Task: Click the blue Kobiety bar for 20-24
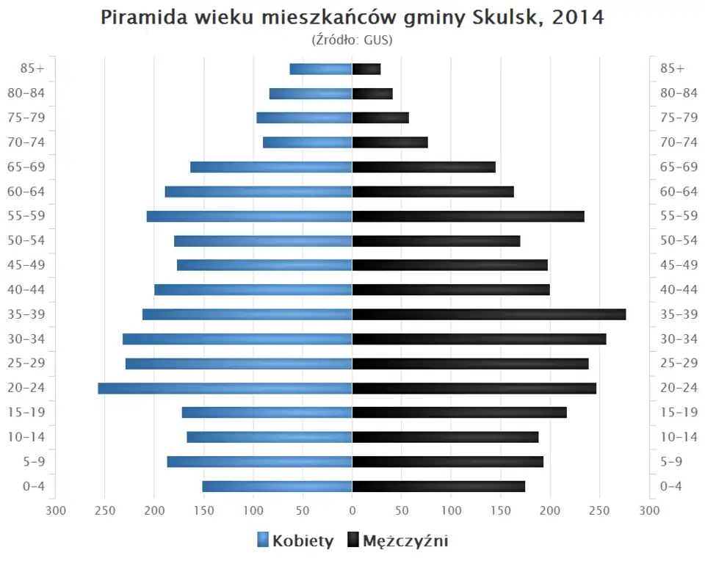225,388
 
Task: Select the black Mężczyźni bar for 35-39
489,314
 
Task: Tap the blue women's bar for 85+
321,69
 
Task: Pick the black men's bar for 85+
366,69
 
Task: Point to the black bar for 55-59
469,216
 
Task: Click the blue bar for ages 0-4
278,486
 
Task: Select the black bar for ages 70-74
390,142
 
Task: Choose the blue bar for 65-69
272,167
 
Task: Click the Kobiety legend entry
295,541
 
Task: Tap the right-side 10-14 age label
679,437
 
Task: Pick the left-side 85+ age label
33,68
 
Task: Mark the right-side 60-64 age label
679,192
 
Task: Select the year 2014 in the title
579,18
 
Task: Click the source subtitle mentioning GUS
352,40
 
